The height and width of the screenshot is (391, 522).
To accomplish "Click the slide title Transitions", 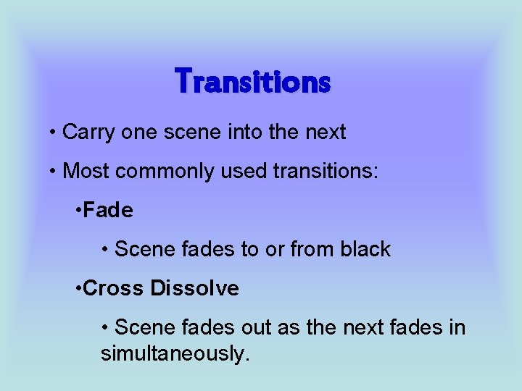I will pos(253,80).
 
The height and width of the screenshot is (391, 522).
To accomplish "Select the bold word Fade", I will pos(109,211).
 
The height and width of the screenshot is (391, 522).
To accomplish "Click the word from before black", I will pos(312,250).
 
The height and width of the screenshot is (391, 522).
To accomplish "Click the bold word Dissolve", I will pos(195,289).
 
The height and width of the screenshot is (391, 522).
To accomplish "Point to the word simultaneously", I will pos(175,354).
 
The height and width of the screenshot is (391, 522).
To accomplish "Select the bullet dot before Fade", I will pos(79,211).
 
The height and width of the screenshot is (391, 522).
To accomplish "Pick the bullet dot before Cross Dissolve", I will pos(79,290).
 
